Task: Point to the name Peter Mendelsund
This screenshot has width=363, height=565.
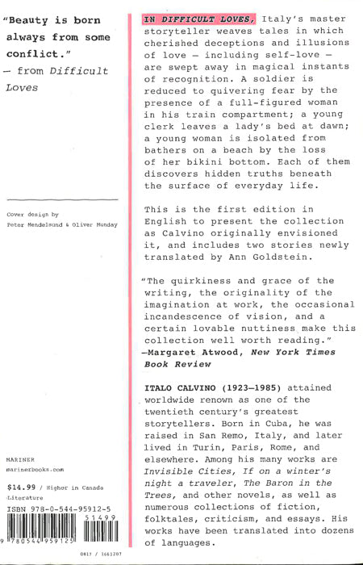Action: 39,224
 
